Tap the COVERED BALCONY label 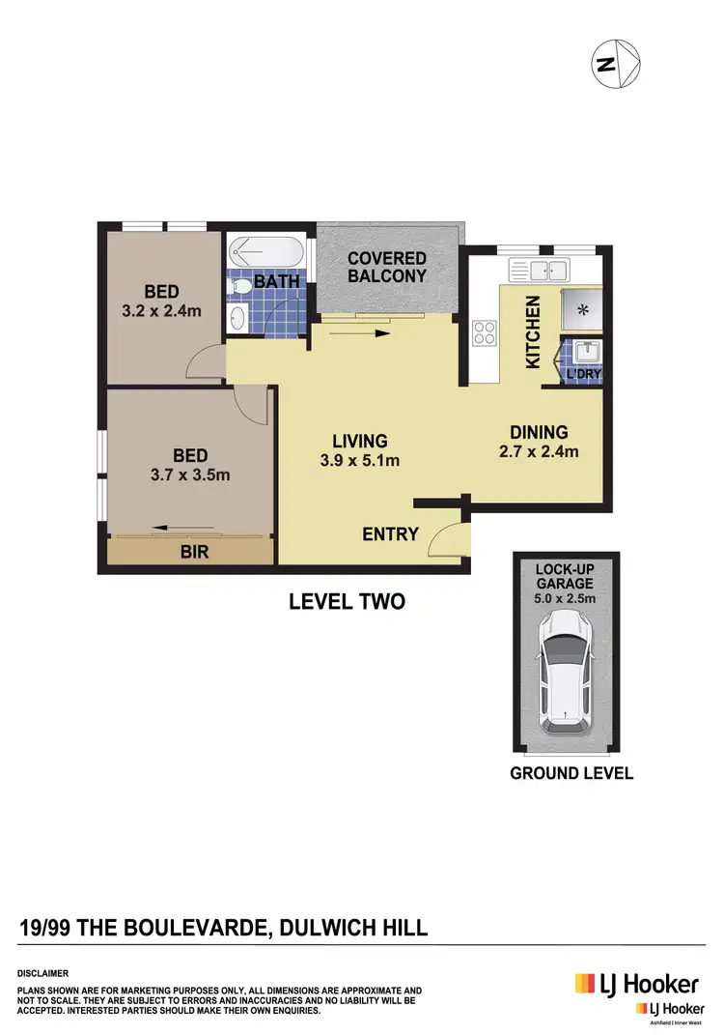coord(387,267)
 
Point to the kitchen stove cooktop coord(483,333)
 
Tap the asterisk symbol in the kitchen coord(582,310)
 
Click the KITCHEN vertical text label coord(532,332)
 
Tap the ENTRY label coord(390,533)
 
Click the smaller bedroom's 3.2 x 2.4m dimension coord(160,310)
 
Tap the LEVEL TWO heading coord(347,601)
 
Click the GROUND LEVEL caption coord(571,772)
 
